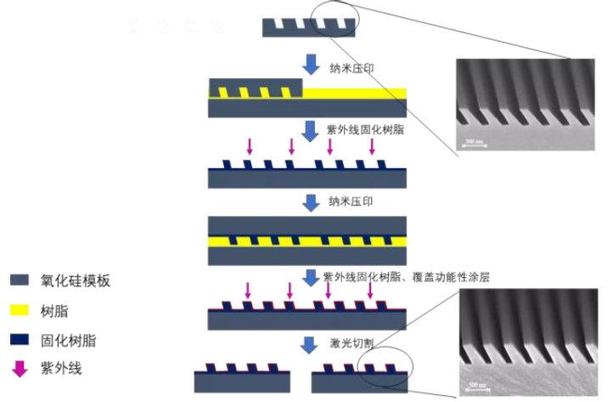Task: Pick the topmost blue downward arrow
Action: [x=312, y=64]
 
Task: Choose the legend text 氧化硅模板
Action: [x=76, y=280]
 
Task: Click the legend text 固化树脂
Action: [x=68, y=341]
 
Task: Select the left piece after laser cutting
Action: [x=243, y=379]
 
